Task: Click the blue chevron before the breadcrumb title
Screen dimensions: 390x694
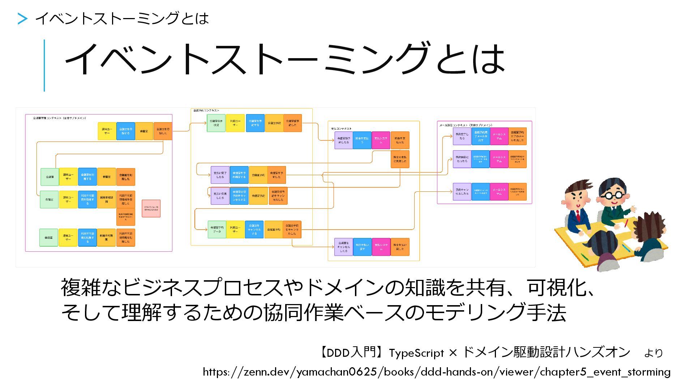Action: pyautogui.click(x=22, y=19)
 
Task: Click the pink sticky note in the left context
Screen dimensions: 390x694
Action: pyautogui.click(x=151, y=208)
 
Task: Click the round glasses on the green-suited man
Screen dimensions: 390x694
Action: pyautogui.click(x=613, y=195)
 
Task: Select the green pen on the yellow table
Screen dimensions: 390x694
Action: pyautogui.click(x=584, y=257)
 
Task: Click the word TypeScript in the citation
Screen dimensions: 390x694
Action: pyautogui.click(x=416, y=353)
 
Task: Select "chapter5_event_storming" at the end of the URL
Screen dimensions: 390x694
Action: pyautogui.click(x=605, y=372)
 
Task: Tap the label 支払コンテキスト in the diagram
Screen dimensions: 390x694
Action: pyautogui.click(x=341, y=129)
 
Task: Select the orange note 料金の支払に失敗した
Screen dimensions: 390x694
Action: pyautogui.click(x=400, y=159)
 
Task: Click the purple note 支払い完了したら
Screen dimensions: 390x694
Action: pyautogui.click(x=220, y=175)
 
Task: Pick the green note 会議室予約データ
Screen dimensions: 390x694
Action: pyautogui.click(x=217, y=229)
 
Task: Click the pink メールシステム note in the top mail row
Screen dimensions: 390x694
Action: pyautogui.click(x=499, y=136)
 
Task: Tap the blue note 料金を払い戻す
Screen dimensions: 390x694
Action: pyautogui.click(x=362, y=247)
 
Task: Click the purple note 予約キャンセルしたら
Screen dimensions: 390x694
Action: pyautogui.click(x=462, y=192)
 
